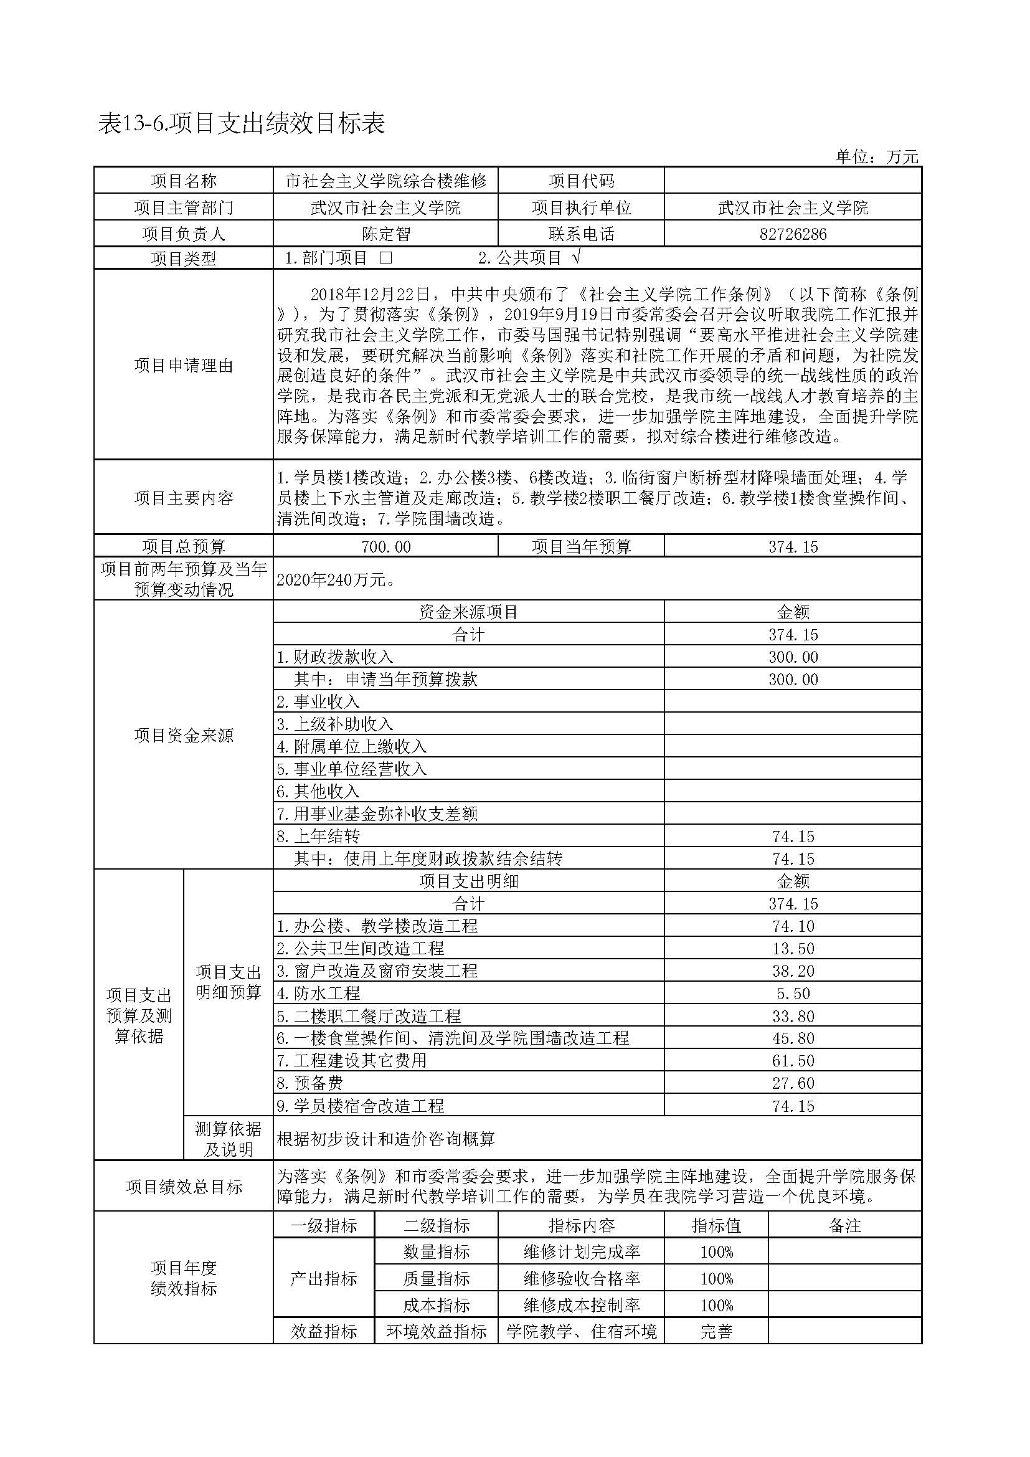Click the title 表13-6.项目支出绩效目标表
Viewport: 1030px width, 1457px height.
242,124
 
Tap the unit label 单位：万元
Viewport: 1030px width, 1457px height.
877,157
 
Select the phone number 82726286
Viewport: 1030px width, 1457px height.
793,234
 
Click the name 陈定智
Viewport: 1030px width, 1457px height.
385,234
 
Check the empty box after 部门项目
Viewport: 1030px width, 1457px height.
385,258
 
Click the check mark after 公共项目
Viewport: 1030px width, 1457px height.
576,257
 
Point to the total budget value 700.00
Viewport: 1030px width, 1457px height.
385,546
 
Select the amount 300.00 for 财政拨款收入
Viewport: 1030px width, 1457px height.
793,657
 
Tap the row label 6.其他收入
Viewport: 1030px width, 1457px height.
318,791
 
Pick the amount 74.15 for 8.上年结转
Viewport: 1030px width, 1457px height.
793,837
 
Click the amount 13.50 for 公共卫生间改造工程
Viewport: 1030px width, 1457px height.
793,949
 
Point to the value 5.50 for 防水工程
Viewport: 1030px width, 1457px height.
793,994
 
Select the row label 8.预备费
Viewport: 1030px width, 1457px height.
310,1083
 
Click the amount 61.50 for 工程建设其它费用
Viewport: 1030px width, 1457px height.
793,1061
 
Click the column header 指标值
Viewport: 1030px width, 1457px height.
716,1225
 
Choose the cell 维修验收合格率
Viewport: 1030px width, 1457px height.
581,1279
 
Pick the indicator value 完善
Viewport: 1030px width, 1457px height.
716,1332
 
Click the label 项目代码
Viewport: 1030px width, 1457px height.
581,181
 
